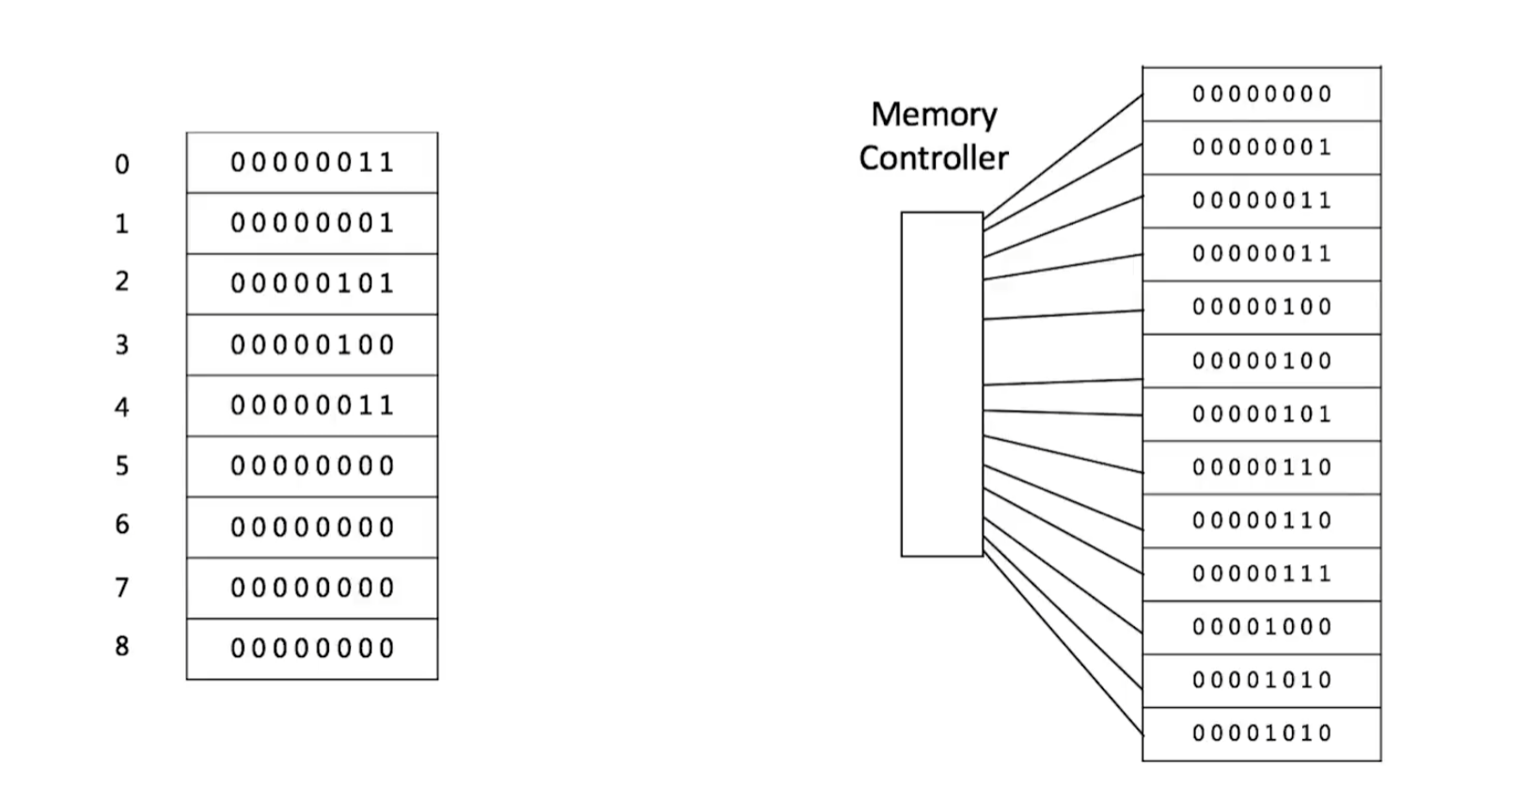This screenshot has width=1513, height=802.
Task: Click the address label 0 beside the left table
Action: click(x=122, y=165)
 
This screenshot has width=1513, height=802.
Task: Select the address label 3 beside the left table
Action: click(x=122, y=345)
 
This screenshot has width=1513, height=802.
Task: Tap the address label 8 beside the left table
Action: click(x=122, y=647)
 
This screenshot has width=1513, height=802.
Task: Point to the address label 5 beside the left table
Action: click(x=122, y=466)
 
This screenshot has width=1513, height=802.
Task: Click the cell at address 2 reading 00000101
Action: click(x=312, y=283)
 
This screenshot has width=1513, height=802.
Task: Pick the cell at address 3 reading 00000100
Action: click(x=312, y=345)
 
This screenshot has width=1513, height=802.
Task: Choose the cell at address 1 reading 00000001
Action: click(x=312, y=223)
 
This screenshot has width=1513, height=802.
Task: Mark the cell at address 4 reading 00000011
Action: click(x=312, y=405)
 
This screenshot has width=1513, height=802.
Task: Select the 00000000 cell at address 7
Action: click(x=312, y=588)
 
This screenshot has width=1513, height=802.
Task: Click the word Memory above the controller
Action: click(x=934, y=115)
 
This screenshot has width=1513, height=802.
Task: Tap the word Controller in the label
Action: click(x=934, y=158)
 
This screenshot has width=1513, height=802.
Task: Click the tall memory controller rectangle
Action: click(x=941, y=384)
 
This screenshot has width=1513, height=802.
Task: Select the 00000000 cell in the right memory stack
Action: click(x=1261, y=94)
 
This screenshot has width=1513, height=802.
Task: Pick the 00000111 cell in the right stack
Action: click(x=1261, y=574)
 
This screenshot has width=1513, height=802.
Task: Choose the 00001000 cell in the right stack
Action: click(x=1261, y=627)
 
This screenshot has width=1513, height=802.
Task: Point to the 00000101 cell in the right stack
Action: click(x=1261, y=414)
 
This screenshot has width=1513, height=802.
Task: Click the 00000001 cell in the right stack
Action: click(x=1261, y=148)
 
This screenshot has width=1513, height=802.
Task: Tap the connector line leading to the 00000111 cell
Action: click(x=1063, y=533)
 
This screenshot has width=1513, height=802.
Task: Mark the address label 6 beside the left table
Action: click(x=122, y=525)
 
